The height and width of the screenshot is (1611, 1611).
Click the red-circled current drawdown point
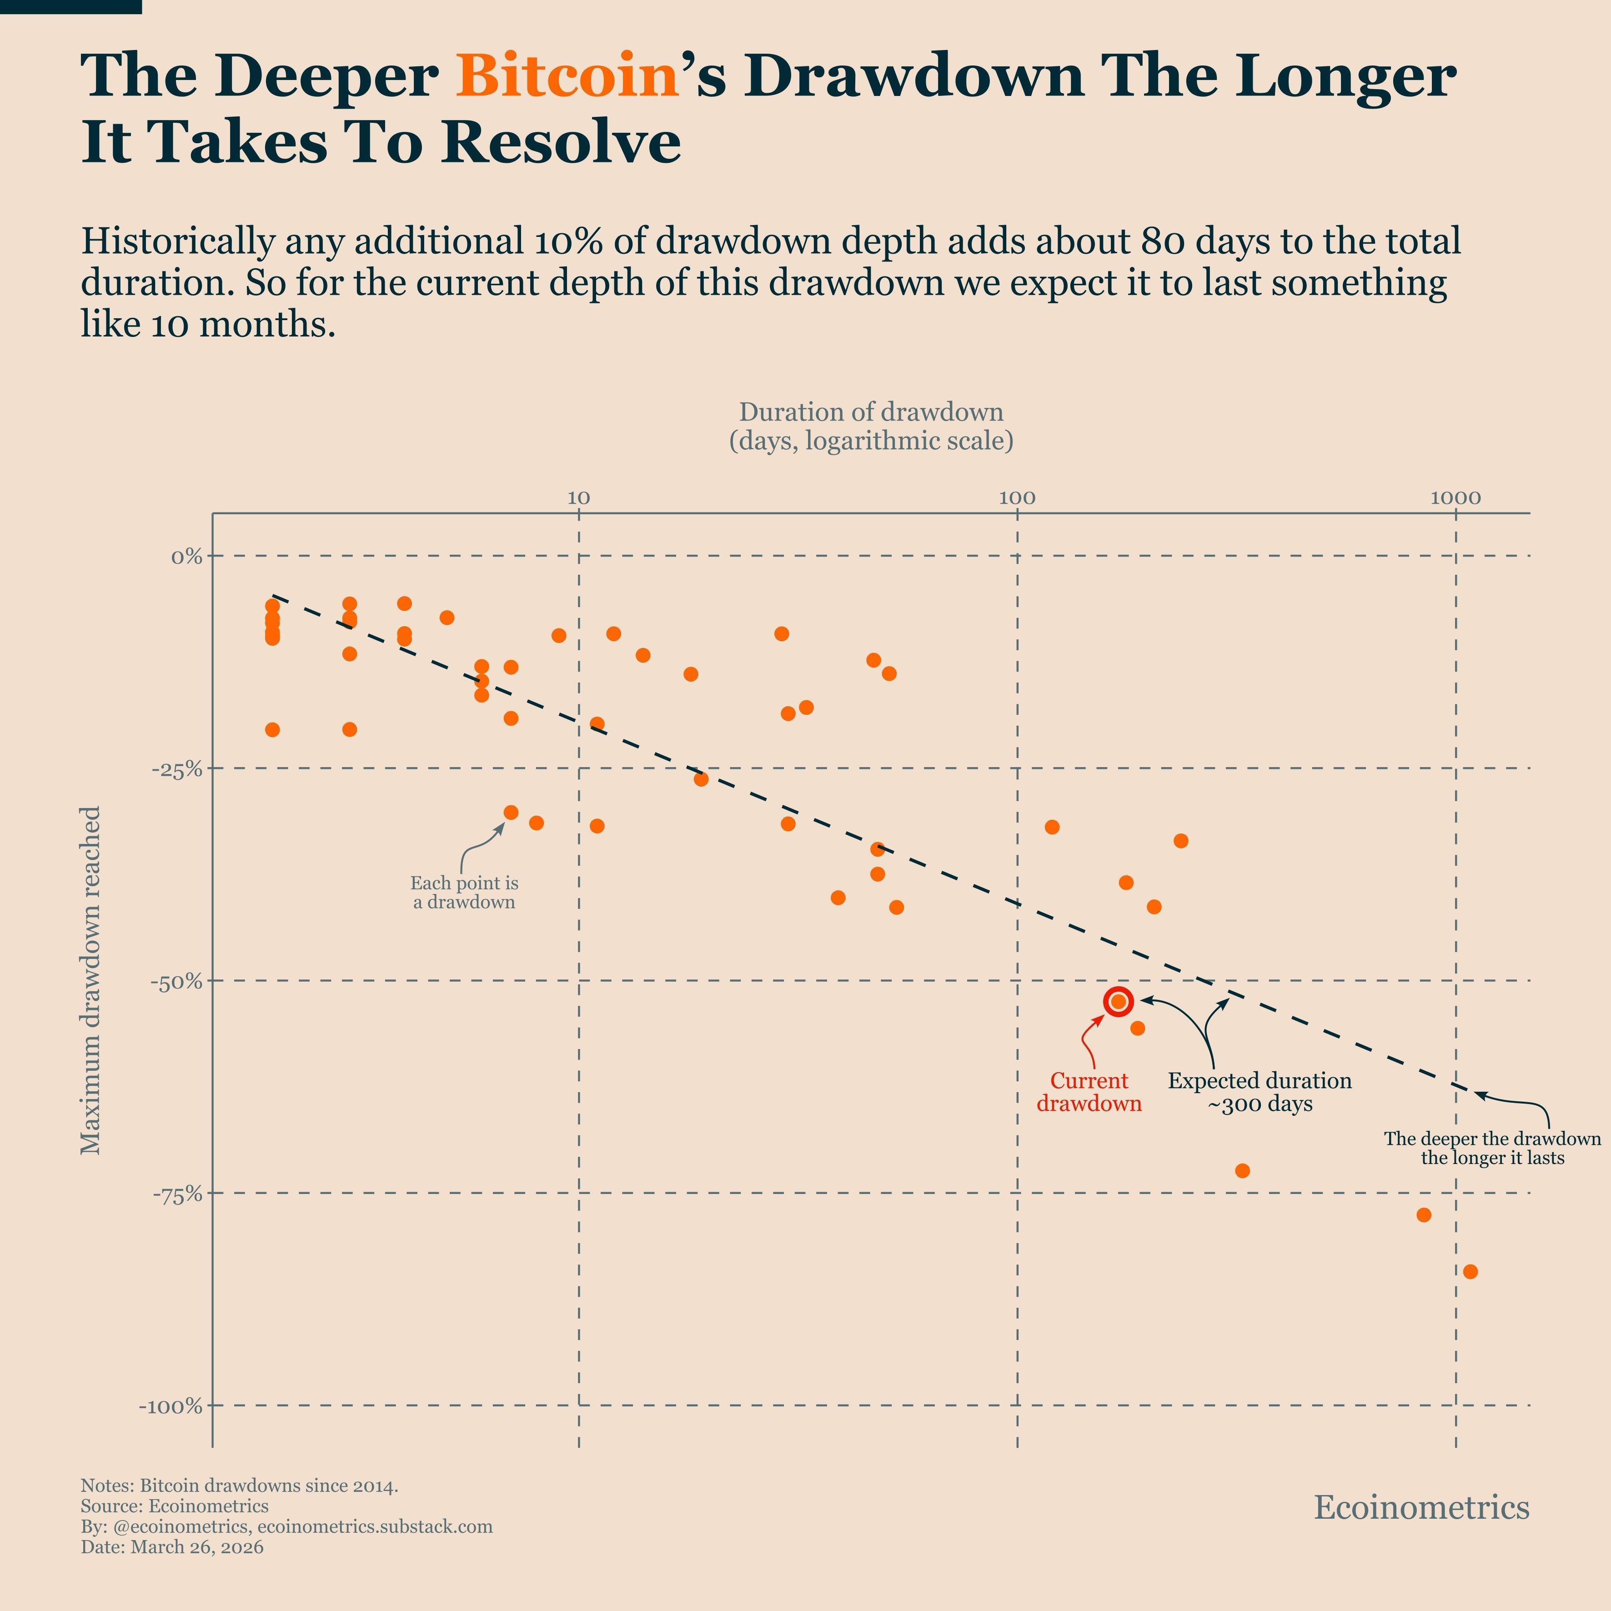coord(1118,1001)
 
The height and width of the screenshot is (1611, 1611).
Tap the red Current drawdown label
coord(1088,1092)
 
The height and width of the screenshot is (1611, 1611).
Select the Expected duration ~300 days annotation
coord(1259,1092)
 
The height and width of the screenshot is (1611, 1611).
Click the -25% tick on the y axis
coord(177,769)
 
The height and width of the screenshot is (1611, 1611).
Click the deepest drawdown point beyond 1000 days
coord(1470,1272)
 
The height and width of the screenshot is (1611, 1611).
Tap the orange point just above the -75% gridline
coord(1242,1171)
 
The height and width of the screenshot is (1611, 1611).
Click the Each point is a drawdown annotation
coord(464,892)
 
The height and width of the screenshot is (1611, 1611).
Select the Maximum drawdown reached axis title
coord(90,980)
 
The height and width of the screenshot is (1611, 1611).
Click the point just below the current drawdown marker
coord(1137,1028)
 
